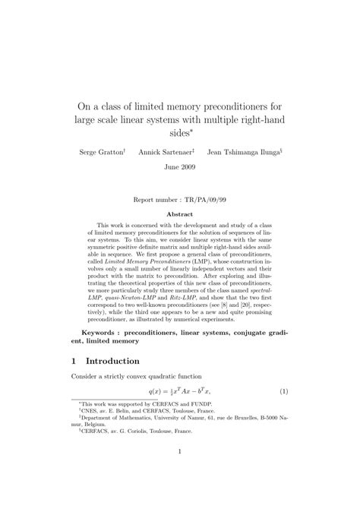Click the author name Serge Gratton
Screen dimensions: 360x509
tap(102, 152)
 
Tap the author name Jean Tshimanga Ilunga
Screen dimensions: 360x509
tap(243, 152)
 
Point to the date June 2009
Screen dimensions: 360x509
tap(180, 169)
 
